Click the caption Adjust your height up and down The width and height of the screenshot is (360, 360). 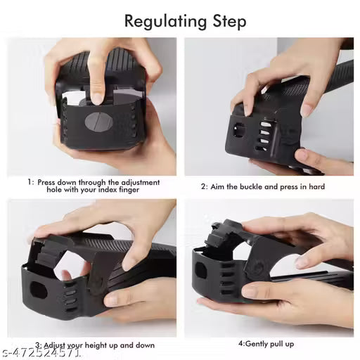(x=98, y=345)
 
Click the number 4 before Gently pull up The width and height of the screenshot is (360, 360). (x=240, y=345)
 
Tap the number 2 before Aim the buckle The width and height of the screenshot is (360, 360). (x=203, y=187)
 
